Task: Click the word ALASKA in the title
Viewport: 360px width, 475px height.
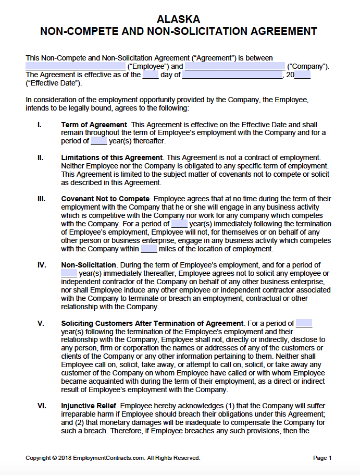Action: [x=178, y=19]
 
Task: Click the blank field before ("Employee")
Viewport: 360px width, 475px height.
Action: [x=76, y=66]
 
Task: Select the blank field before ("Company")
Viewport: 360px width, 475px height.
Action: [x=235, y=66]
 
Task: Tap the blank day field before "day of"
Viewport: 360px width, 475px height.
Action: [x=151, y=75]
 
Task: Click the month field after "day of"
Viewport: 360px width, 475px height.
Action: [x=232, y=75]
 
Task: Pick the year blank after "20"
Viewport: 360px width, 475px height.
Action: [x=303, y=75]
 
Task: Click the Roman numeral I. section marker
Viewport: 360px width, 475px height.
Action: [x=40, y=125]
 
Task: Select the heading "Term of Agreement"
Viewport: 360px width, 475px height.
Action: [x=94, y=125]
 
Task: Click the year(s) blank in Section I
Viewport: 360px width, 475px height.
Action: [x=98, y=141]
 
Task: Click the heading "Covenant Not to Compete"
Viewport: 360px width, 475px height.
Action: [x=105, y=199]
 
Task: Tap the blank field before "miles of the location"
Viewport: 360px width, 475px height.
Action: [x=149, y=249]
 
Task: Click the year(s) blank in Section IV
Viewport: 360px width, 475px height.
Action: [x=69, y=273]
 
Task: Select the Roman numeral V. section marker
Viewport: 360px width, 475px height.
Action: [x=41, y=323]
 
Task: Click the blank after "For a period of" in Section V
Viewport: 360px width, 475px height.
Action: [x=304, y=323]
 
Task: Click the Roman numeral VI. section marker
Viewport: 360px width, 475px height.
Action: [x=42, y=405]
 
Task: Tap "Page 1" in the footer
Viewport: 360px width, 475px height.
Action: [x=322, y=458]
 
